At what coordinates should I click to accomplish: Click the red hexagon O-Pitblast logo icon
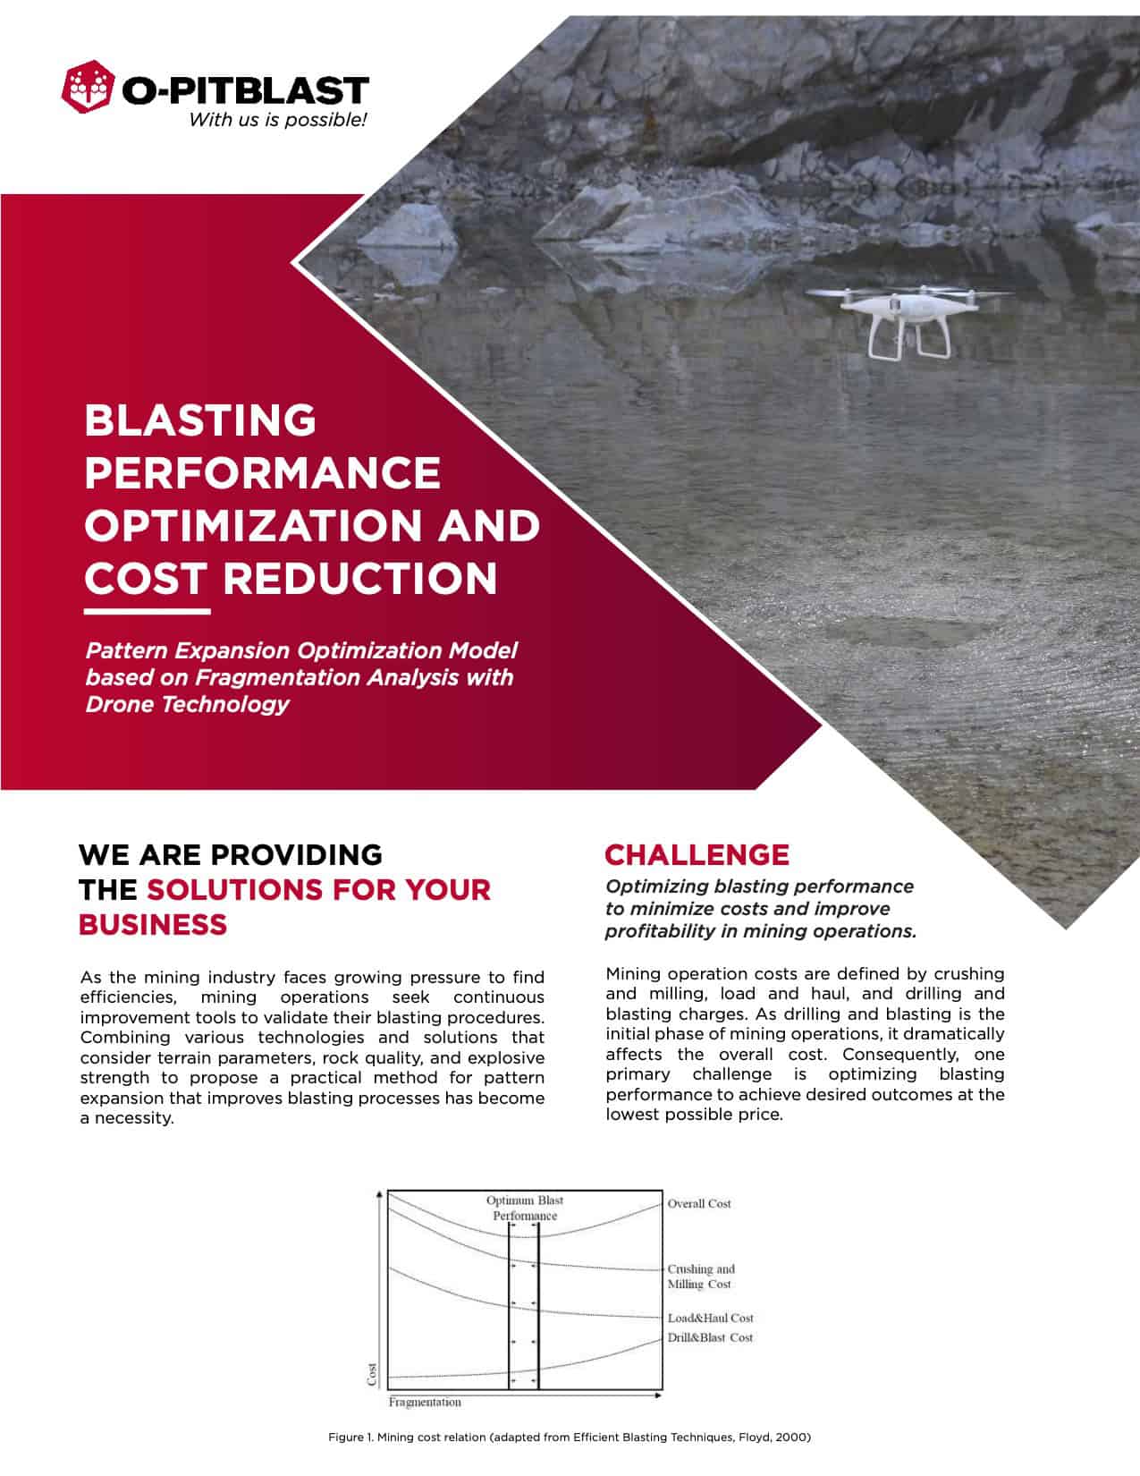[x=89, y=89]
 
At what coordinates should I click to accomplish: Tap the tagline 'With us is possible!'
[x=277, y=120]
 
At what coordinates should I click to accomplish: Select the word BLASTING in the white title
[x=200, y=420]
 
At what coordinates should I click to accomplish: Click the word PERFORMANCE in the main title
[x=262, y=472]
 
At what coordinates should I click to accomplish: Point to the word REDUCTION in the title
[x=359, y=578]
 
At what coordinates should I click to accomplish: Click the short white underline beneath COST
[x=148, y=613]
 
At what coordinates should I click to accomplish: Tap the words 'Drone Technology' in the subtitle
[x=187, y=704]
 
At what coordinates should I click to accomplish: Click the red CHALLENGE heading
[x=697, y=854]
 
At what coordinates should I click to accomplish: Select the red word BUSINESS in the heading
[x=153, y=924]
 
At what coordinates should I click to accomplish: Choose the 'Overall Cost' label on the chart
[x=698, y=1204]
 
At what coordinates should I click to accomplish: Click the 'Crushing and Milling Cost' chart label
[x=700, y=1277]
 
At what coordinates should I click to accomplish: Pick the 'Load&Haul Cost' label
[x=710, y=1318]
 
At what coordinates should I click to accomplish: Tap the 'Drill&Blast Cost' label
[x=710, y=1337]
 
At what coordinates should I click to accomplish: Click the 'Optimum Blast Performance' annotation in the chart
[x=525, y=1208]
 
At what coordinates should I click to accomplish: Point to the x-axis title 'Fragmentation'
[x=425, y=1402]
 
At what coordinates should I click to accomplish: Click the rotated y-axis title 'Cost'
[x=374, y=1374]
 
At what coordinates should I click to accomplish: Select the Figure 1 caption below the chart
[x=570, y=1438]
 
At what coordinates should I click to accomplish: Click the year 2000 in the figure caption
[x=794, y=1438]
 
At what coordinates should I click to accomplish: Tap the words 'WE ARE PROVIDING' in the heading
[x=231, y=854]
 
